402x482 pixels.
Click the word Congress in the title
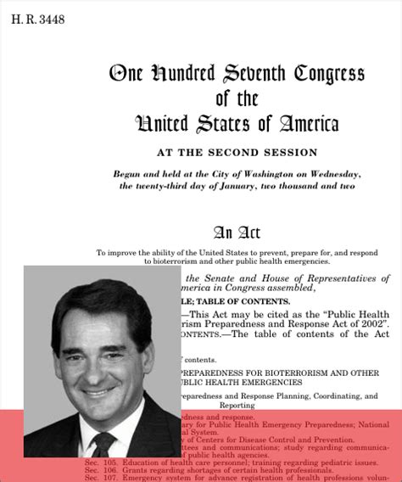point(329,74)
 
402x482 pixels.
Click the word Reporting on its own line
point(237,406)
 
